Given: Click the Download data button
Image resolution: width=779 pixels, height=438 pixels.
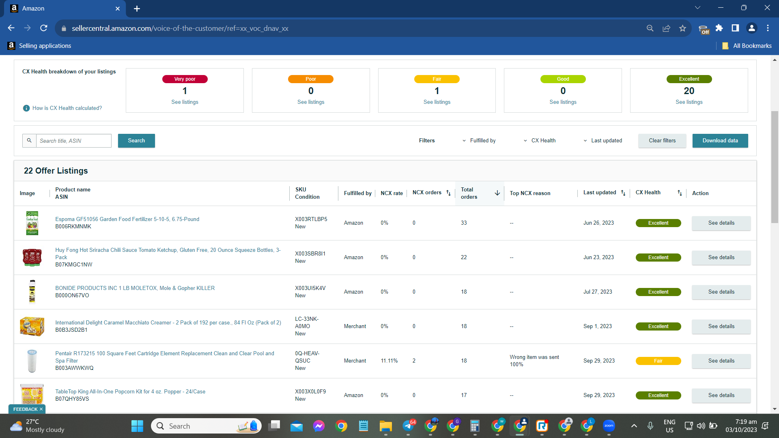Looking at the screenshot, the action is (720, 141).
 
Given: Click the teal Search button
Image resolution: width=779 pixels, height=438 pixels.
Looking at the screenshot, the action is (136, 141).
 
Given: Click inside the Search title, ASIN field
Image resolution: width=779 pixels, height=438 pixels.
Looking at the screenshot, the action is (73, 141).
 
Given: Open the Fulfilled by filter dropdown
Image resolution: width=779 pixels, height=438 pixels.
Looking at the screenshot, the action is (479, 141).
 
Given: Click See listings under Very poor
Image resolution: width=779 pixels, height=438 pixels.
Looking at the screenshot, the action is (185, 102).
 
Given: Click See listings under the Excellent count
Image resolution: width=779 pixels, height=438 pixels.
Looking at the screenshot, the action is (689, 102).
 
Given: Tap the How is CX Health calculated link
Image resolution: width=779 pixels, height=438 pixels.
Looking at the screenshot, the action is (67, 108).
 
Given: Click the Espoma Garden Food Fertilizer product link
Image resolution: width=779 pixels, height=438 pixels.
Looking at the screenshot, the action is (127, 219).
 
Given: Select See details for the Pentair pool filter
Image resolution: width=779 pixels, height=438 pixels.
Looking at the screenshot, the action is (721, 361).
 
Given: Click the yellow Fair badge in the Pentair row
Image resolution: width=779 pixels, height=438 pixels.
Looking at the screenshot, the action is (658, 361).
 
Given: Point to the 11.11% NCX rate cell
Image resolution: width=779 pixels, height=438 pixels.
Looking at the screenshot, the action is (389, 361).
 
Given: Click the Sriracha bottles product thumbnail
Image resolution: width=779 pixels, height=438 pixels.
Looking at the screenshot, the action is (32, 258).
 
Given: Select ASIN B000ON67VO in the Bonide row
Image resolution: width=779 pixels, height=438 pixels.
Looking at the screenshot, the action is (72, 296).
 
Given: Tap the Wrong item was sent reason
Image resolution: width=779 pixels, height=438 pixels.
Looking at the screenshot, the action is (534, 357).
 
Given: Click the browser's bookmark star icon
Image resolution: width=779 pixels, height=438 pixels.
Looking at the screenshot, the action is (682, 28).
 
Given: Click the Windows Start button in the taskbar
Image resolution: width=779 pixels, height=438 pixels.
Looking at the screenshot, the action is (137, 426).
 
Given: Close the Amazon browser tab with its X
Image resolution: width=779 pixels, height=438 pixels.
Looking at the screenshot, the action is (118, 9).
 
